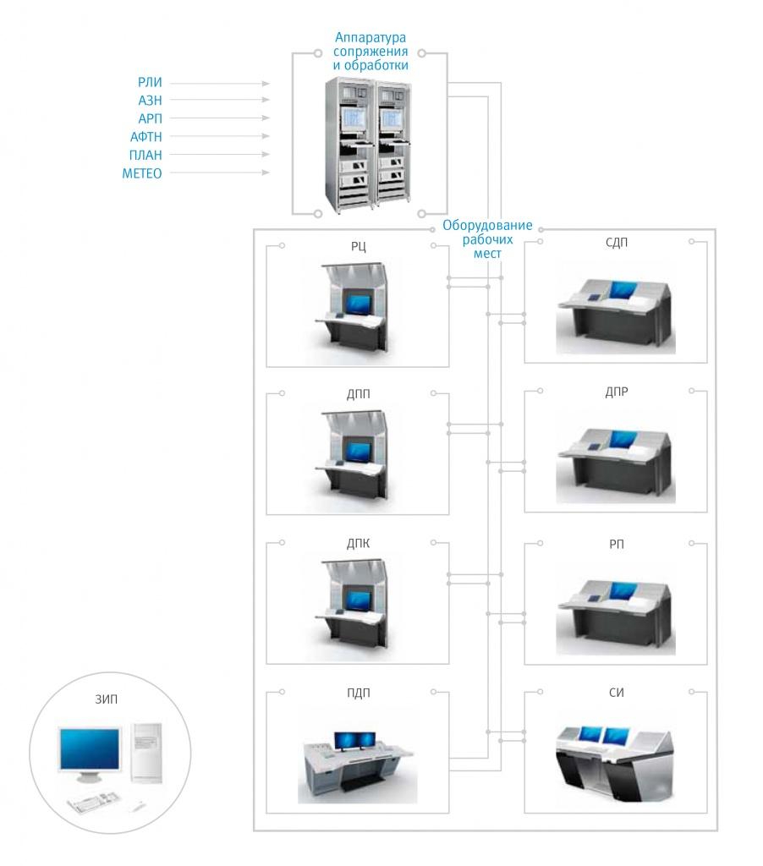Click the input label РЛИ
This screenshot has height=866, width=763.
(151, 83)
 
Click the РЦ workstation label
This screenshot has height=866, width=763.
(357, 247)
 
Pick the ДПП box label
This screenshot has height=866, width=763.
(357, 393)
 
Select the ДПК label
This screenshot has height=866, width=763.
(357, 543)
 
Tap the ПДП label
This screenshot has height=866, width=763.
(357, 693)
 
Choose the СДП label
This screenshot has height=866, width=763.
(617, 244)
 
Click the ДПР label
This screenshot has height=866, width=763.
(617, 393)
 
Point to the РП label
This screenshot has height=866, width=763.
(617, 543)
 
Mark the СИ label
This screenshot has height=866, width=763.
(617, 693)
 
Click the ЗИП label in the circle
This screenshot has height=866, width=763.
(104, 699)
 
